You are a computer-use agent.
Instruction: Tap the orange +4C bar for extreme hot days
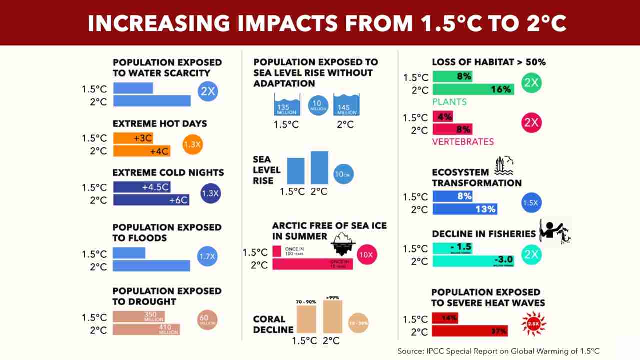[142, 151]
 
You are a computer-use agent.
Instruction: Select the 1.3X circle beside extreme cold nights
[211, 193]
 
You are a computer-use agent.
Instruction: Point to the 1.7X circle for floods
[207, 257]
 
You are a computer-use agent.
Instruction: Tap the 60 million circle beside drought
[208, 320]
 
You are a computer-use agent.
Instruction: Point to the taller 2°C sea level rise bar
[319, 167]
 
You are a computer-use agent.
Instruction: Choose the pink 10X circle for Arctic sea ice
[367, 255]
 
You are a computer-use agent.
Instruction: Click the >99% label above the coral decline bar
[332, 298]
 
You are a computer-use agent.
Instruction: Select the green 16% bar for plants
[473, 90]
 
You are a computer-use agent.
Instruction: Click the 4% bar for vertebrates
[443, 117]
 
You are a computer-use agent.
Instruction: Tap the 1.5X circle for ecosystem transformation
[531, 203]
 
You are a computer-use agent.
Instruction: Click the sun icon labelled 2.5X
[533, 323]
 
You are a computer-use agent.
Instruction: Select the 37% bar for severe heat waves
[470, 331]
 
